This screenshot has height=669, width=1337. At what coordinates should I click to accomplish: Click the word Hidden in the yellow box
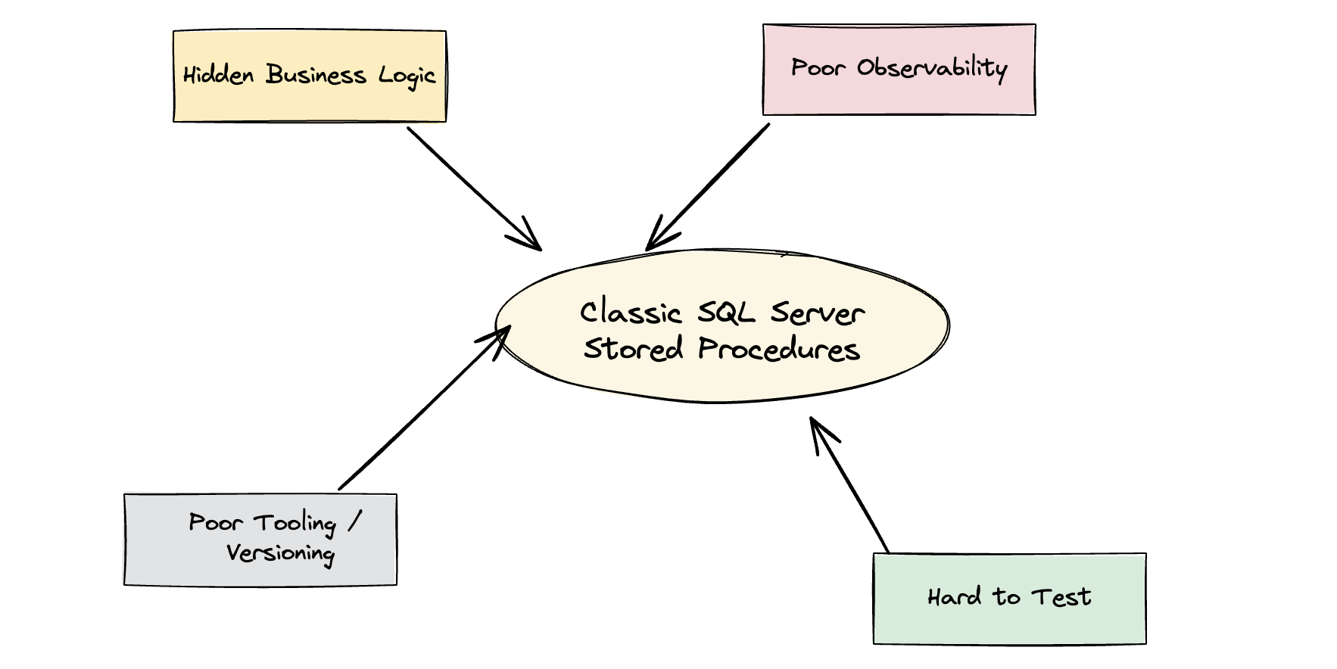click(x=218, y=75)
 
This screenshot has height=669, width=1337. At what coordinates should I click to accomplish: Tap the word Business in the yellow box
click(x=316, y=74)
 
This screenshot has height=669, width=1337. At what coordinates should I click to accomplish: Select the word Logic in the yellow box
click(x=407, y=76)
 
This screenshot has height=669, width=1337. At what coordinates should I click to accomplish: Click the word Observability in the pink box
click(x=932, y=68)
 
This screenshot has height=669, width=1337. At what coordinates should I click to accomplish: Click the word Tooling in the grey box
click(x=295, y=523)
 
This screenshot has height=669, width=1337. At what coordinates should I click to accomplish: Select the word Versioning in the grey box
click(x=280, y=553)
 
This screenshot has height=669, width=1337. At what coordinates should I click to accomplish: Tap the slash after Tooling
click(x=356, y=521)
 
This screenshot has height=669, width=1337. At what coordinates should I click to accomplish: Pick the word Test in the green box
click(x=1061, y=597)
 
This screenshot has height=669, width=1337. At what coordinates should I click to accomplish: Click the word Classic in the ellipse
click(x=631, y=313)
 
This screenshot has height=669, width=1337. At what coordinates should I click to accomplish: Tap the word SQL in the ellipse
click(x=726, y=312)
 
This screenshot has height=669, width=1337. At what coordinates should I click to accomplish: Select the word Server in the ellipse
click(x=818, y=313)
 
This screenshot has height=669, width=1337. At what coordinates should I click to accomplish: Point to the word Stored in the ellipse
click(x=634, y=349)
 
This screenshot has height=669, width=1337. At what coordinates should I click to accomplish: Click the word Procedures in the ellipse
click(x=778, y=349)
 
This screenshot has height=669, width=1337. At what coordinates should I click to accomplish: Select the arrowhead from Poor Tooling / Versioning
click(x=501, y=335)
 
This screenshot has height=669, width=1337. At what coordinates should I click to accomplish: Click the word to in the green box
click(x=1007, y=597)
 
